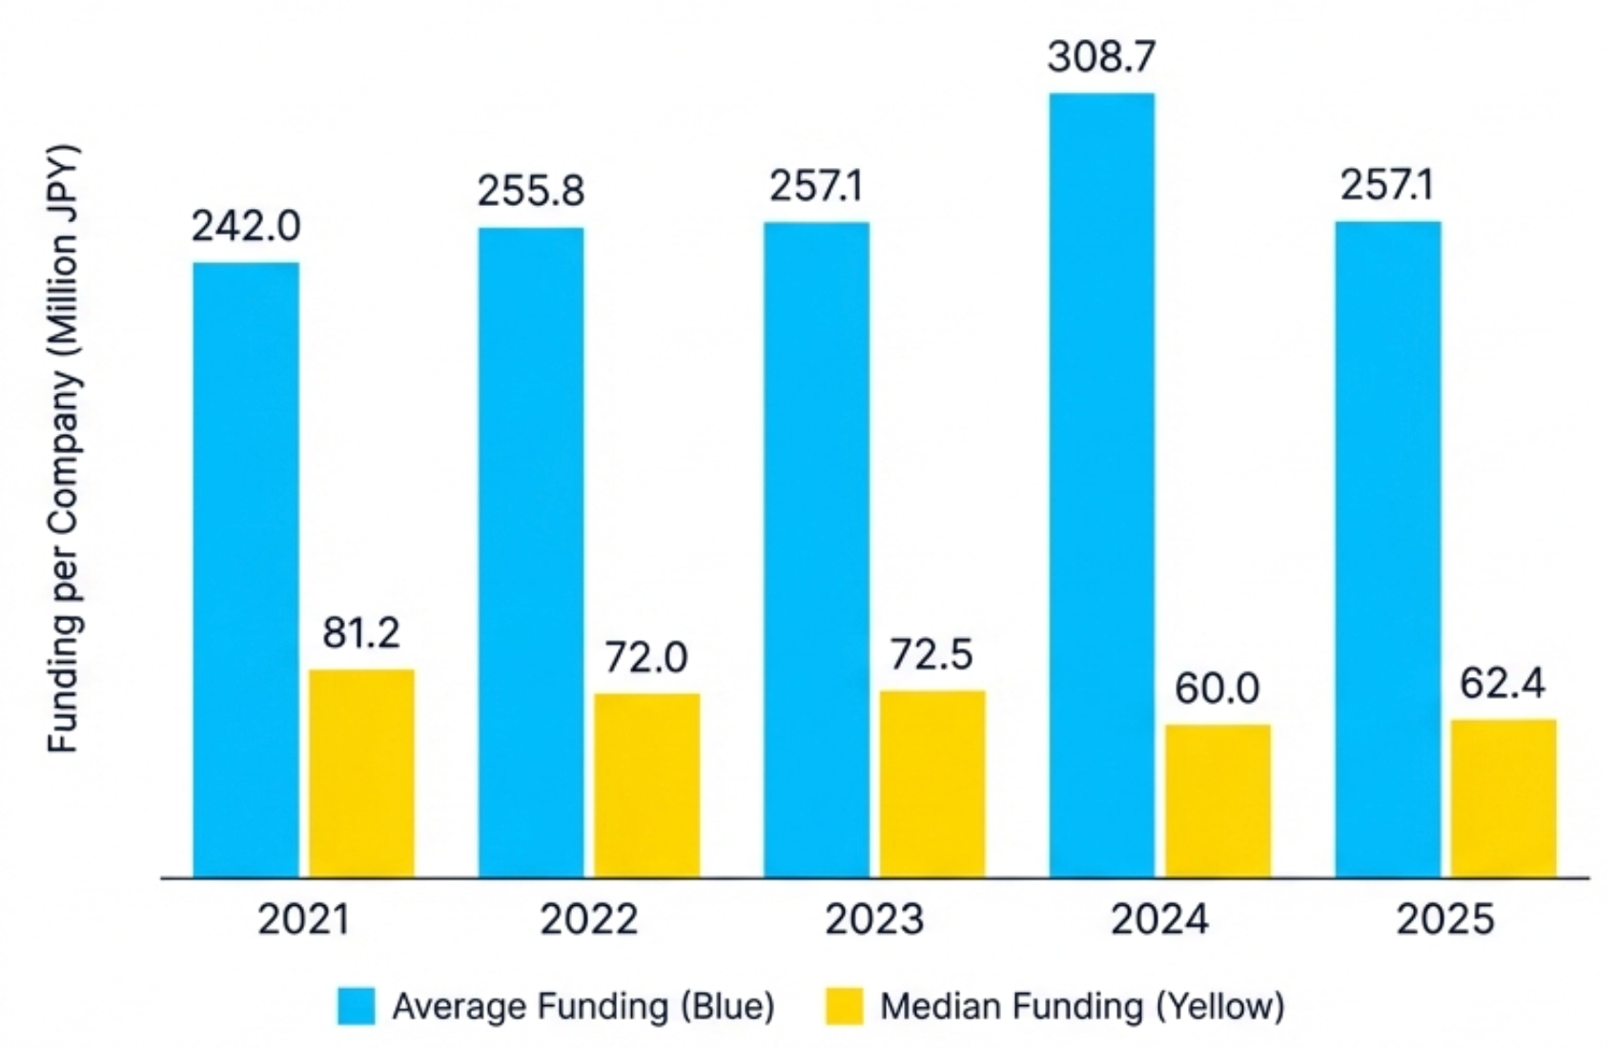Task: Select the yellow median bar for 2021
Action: pos(361,773)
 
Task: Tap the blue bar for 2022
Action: pos(531,552)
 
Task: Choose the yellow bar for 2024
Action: pos(1218,801)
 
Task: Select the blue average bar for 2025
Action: pos(1387,548)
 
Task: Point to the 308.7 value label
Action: pos(1101,57)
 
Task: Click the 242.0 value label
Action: pos(246,227)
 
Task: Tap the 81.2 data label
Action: pos(361,633)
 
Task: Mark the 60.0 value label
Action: pos(1218,689)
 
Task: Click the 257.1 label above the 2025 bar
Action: pos(1387,185)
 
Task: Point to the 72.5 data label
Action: pos(931,655)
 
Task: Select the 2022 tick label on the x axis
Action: pos(588,919)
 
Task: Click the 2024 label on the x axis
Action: pos(1159,919)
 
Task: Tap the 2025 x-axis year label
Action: pos(1445,919)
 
